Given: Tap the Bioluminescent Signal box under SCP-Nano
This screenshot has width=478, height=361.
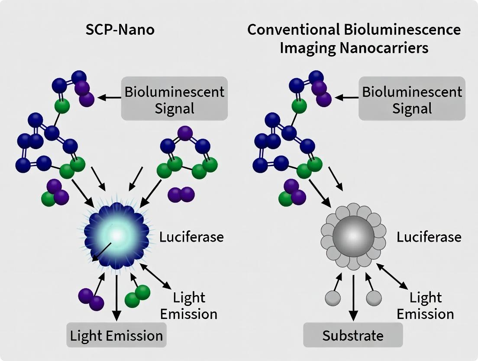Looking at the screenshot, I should coord(174,99).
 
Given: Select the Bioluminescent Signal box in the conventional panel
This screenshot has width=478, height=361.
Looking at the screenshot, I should coord(412,99).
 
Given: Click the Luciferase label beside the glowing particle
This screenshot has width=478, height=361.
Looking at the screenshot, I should coord(192,237).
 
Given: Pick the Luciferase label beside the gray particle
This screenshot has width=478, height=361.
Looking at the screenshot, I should coord(429,237).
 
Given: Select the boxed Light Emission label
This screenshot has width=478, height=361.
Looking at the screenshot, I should coord(116,335).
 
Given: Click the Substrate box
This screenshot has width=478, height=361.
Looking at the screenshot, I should coord(353,335).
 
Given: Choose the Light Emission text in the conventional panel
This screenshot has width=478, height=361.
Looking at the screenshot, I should coord(426,305).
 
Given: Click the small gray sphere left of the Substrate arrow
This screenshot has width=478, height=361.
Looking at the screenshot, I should coord(332,298).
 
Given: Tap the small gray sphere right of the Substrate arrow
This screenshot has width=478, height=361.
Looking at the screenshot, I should coord(374,298).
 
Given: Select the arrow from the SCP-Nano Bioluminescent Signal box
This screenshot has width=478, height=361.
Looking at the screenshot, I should coord(109,98).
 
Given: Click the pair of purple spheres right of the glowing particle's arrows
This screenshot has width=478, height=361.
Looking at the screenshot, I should coord(181,194).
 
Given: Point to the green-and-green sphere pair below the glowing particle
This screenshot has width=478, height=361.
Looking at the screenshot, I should coord(137,296).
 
